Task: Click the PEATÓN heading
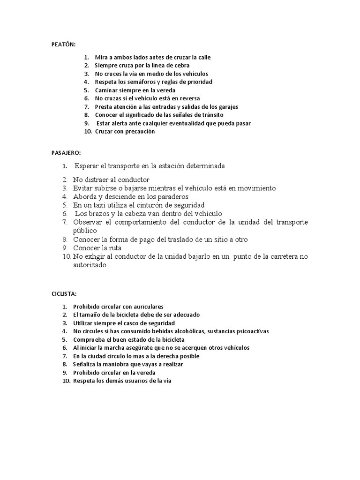[63, 44]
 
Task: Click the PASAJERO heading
[66, 153]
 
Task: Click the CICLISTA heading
[64, 294]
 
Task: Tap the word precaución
[139, 132]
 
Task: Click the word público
[85, 231]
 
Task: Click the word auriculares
[147, 307]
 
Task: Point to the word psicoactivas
[247, 331]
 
